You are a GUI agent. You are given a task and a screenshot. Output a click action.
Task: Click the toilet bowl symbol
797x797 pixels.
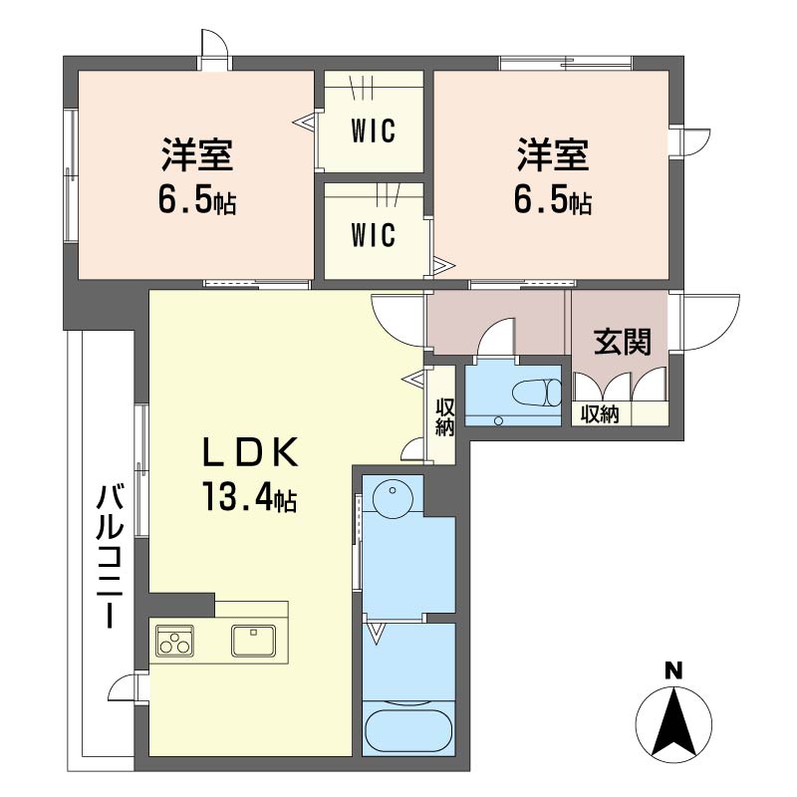click(x=536, y=393)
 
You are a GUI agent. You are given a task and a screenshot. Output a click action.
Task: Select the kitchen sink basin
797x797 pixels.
click(x=253, y=640)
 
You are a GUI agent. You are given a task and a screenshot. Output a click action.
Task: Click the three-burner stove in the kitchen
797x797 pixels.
click(x=175, y=640)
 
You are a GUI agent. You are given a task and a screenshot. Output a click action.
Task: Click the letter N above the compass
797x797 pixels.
click(x=673, y=671)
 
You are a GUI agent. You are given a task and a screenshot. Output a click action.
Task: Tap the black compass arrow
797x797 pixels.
click(x=674, y=720)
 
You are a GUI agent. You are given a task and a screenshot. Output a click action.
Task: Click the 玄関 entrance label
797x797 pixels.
click(x=622, y=341)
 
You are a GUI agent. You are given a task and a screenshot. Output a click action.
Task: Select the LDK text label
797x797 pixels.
click(x=250, y=452)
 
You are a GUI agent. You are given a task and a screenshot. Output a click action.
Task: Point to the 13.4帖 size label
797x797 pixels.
click(x=249, y=495)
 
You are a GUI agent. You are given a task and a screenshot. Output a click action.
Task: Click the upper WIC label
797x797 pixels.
click(x=373, y=131)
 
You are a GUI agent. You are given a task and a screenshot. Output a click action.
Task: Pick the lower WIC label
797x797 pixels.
click(x=373, y=235)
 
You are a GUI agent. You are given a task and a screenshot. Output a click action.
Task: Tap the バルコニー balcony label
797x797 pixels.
click(x=110, y=557)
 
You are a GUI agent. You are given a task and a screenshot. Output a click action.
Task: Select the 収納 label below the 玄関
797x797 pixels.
click(x=600, y=414)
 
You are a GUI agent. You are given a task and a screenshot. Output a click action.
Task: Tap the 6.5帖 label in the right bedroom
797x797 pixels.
click(x=553, y=200)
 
